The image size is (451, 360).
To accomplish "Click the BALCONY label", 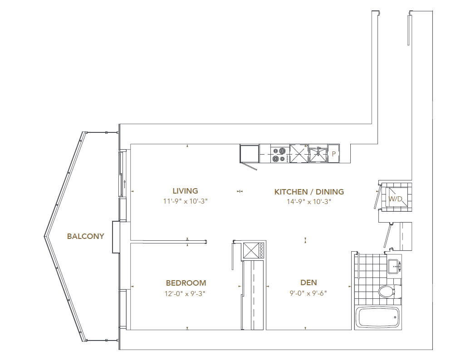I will pyautogui.click(x=85, y=236).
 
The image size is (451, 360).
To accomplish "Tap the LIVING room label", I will pyautogui.click(x=185, y=191).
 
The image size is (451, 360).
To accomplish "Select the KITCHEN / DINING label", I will pyautogui.click(x=309, y=192).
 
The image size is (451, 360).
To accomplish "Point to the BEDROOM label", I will pyautogui.click(x=186, y=283).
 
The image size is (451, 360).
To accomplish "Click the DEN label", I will pyautogui.click(x=309, y=283).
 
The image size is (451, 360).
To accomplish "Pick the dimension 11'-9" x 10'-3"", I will pyautogui.click(x=185, y=202).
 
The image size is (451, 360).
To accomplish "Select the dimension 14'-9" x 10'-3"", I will pyautogui.click(x=309, y=202).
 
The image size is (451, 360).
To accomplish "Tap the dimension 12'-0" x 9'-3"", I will pyautogui.click(x=186, y=293).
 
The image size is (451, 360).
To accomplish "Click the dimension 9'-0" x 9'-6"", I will pyautogui.click(x=309, y=293).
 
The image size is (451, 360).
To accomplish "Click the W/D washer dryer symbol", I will pyautogui.click(x=395, y=199).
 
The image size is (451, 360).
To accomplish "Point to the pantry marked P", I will pyautogui.click(x=333, y=154).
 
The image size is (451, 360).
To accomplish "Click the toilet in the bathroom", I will pyautogui.click(x=389, y=291).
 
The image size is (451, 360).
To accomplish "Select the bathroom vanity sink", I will pyautogui.click(x=393, y=265).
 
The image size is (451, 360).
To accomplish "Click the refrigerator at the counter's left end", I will pyautogui.click(x=250, y=153).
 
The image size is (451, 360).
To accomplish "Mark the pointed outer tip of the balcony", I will pyautogui.click(x=44, y=236).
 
